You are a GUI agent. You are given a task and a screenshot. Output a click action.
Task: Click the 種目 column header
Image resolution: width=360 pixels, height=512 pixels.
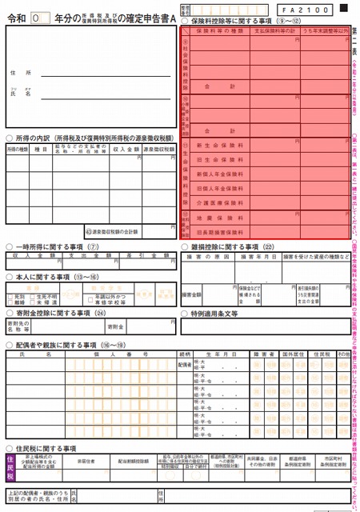point(40,149)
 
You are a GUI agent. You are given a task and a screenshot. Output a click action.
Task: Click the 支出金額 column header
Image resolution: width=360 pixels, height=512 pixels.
point(80,256)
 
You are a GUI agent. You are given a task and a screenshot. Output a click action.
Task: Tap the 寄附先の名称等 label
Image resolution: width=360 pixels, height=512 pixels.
point(19,327)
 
